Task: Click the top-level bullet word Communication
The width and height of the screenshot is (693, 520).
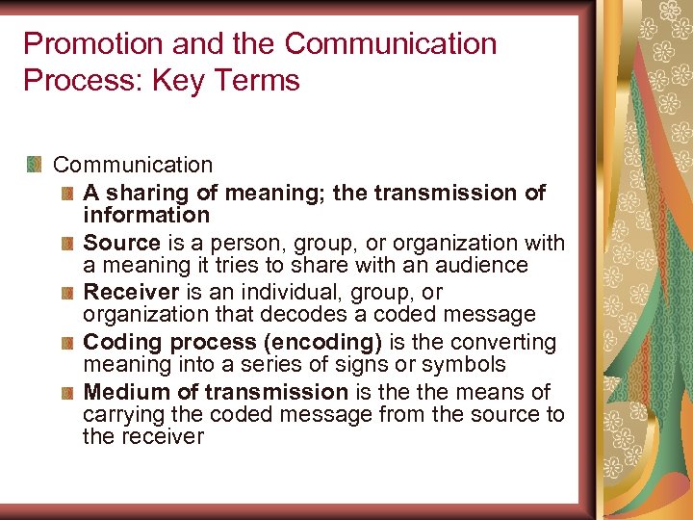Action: [x=133, y=166]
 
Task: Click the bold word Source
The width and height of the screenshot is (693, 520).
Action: [x=121, y=243]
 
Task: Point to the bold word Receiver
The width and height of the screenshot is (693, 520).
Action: [x=131, y=292]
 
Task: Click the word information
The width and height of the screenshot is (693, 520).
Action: [x=146, y=215]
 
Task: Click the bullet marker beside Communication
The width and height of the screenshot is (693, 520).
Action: [x=36, y=165]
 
